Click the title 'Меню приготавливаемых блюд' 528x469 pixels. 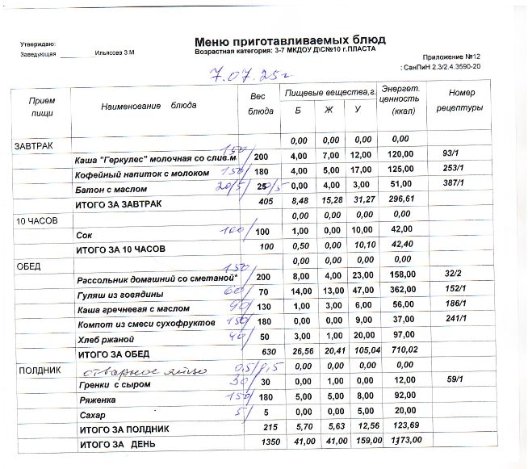(290, 40)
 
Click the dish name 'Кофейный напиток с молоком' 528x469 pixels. (142, 174)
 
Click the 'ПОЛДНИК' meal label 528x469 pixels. (36, 369)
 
